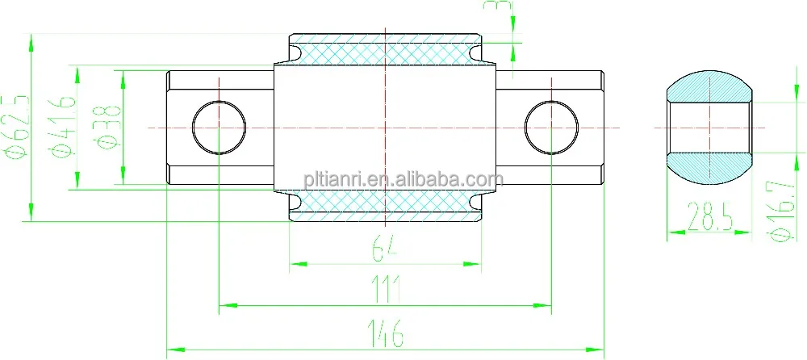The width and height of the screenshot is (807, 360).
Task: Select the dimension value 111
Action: point(387,290)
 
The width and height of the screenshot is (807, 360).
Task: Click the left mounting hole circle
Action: point(220,128)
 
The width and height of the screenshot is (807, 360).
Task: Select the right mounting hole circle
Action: point(552,128)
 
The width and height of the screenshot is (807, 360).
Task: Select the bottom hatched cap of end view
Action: point(710,168)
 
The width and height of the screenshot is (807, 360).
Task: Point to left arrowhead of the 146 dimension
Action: point(172,350)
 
